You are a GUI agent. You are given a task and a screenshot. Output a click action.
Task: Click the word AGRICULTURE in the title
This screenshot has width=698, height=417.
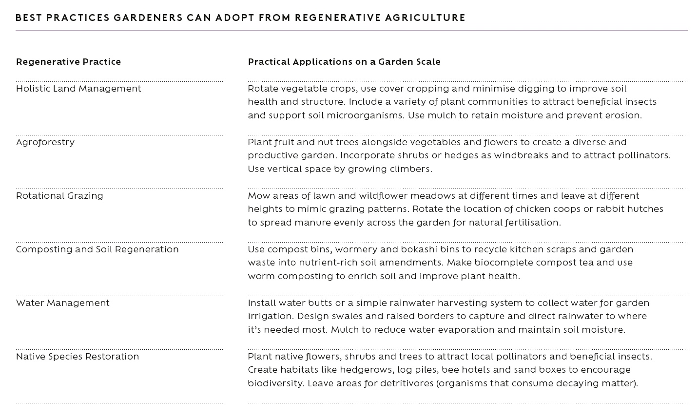[425, 18]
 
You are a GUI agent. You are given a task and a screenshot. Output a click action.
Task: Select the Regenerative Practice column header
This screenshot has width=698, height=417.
[68, 62]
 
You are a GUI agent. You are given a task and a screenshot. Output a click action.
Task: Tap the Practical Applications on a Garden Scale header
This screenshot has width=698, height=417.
[344, 62]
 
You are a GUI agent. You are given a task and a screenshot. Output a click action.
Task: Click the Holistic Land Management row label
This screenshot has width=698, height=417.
[78, 89]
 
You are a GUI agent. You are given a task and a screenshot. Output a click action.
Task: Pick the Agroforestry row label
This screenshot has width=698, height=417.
[45, 142]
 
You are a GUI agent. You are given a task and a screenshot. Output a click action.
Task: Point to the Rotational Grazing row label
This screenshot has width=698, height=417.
[59, 196]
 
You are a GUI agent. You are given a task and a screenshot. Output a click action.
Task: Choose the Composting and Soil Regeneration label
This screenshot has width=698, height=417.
[97, 249]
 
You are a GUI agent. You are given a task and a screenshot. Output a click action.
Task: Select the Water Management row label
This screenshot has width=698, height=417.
[63, 303]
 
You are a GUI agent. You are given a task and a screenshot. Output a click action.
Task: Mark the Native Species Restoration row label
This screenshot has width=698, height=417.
[78, 357]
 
